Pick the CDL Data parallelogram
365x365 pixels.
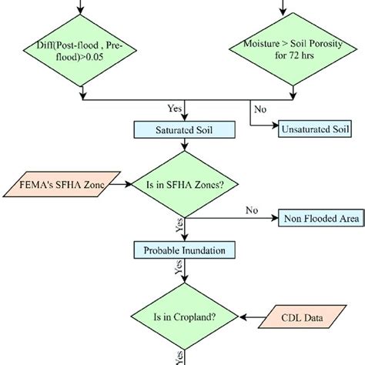(x=298, y=315)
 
